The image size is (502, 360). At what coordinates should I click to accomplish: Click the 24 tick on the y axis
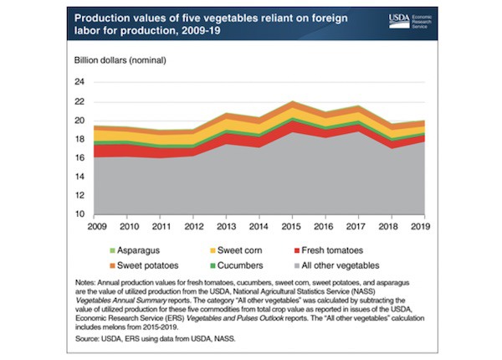tap(79, 82)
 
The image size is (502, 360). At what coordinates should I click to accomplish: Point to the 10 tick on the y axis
tap(79, 214)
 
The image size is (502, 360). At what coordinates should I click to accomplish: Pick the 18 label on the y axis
tap(79, 139)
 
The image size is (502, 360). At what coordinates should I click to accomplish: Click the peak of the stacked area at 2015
tap(289, 102)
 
